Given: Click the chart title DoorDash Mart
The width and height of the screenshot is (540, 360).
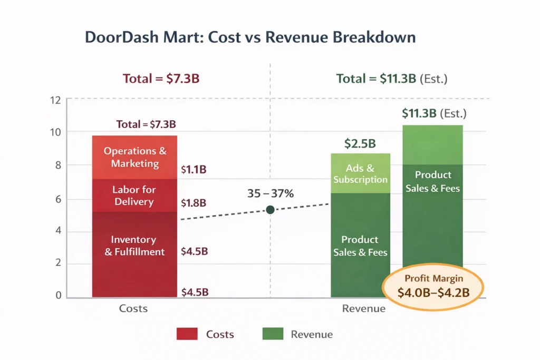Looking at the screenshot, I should [250, 37].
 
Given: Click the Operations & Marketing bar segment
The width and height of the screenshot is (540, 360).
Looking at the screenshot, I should [134, 157].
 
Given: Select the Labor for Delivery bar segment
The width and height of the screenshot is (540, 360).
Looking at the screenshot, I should [134, 196].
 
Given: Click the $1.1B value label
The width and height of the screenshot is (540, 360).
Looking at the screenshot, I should [194, 170].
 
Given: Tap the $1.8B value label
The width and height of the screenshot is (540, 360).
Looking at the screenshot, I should [194, 203].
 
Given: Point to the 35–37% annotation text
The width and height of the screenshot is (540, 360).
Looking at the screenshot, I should [270, 193].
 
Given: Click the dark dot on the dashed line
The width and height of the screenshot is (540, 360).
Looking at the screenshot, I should [271, 210].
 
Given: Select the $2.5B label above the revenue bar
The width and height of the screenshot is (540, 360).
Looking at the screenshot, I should [360, 143].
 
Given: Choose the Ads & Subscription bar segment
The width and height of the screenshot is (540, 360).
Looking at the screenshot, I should [360, 174].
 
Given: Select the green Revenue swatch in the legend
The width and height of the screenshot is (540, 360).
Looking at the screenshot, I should [272, 334].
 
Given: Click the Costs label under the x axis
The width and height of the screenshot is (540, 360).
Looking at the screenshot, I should [133, 308].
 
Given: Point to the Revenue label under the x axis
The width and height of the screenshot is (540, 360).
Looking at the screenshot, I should [364, 308].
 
